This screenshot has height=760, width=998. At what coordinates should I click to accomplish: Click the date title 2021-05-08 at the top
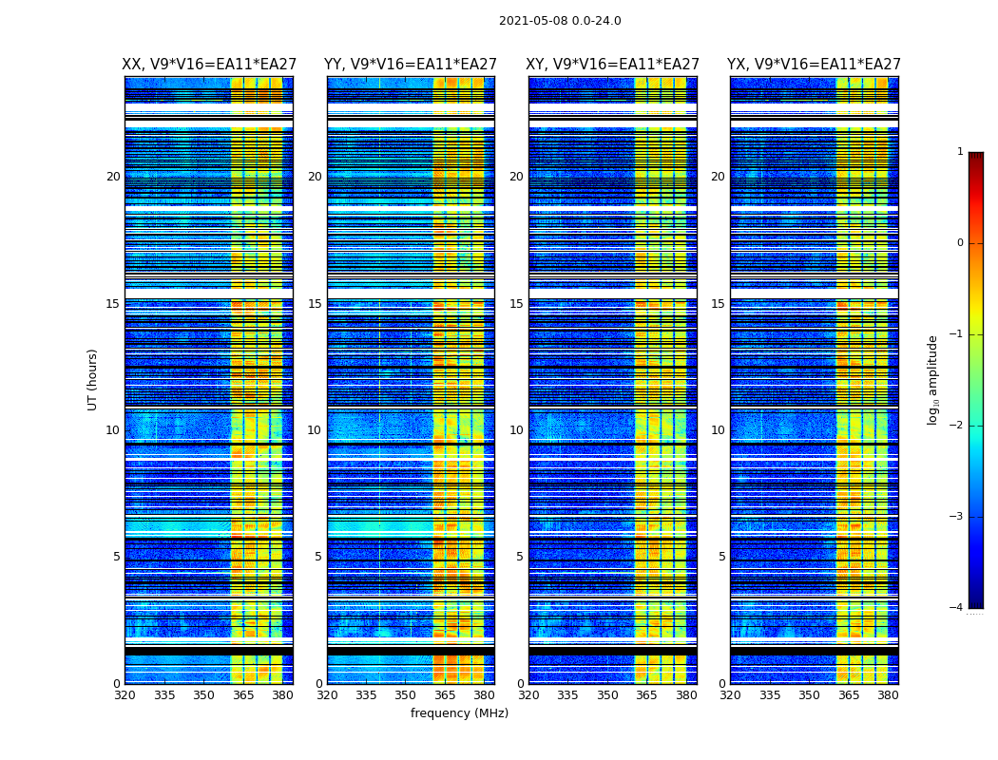[x=560, y=21]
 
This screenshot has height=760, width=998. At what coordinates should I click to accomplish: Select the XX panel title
[x=209, y=65]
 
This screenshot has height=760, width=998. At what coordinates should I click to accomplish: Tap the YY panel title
[x=411, y=65]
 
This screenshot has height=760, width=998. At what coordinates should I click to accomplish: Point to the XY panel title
[x=613, y=65]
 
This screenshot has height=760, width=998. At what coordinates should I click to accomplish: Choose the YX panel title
[x=814, y=65]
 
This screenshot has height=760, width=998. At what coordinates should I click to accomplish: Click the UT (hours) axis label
[x=93, y=379]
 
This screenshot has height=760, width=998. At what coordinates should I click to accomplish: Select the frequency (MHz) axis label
[x=459, y=713]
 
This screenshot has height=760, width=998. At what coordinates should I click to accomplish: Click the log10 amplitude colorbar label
[x=933, y=379]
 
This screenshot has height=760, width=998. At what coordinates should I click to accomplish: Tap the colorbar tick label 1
[x=960, y=152]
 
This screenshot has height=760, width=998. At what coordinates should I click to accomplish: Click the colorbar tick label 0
[x=960, y=243]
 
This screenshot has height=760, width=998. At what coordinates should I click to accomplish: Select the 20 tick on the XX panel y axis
[x=113, y=177]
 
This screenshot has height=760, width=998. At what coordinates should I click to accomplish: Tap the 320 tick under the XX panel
[x=125, y=695]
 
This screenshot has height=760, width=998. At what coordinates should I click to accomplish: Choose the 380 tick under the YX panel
[x=888, y=695]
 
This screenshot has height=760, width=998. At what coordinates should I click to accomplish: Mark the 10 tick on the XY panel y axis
[x=516, y=430]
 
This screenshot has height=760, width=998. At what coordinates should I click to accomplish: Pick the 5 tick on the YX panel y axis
[x=721, y=557]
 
